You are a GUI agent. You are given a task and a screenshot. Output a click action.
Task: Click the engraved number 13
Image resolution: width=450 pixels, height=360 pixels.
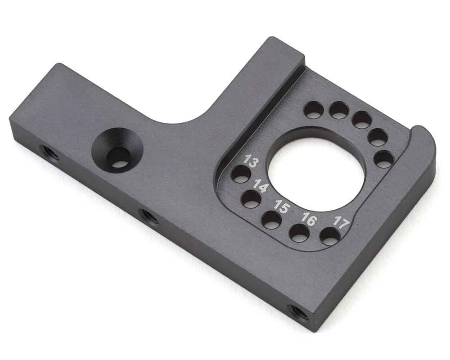click(251, 162)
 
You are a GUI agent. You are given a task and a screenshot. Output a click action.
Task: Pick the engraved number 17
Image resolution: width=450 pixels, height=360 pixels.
click(342, 222)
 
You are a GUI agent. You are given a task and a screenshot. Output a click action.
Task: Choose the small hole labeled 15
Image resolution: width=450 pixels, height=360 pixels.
click(271, 220)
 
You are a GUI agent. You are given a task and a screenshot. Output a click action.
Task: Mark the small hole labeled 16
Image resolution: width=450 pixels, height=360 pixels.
click(299, 233)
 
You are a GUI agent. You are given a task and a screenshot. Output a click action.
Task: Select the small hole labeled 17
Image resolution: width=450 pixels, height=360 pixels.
click(330, 236)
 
